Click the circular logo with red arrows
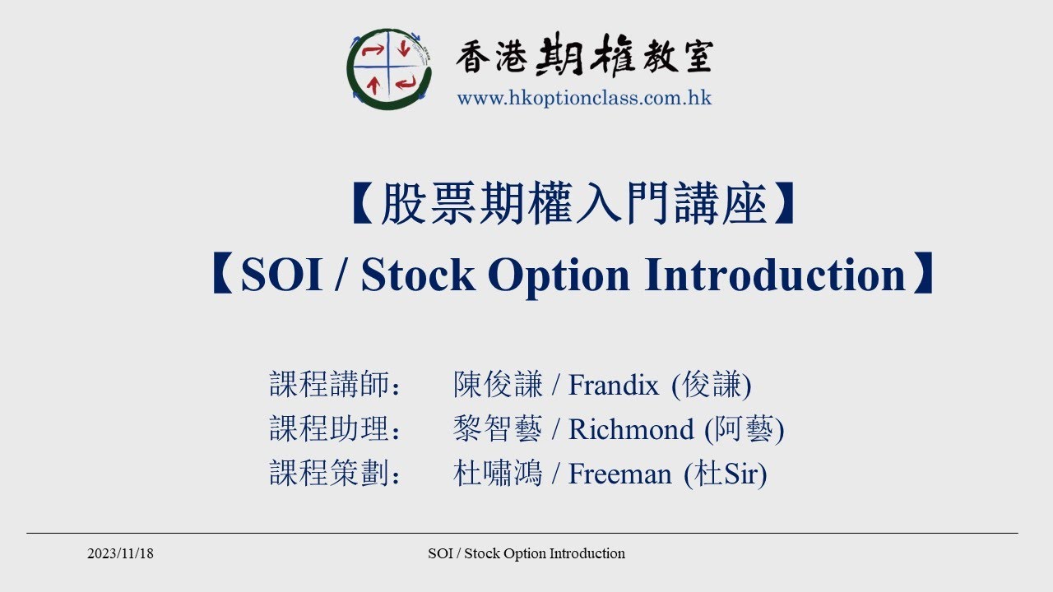(389, 69)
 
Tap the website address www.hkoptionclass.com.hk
(584, 98)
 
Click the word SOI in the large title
(281, 275)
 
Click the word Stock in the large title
(418, 275)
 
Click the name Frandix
(614, 385)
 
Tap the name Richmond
(631, 429)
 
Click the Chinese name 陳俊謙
(498, 385)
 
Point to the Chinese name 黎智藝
(498, 429)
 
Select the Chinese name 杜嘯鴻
(498, 474)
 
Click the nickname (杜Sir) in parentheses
(725, 474)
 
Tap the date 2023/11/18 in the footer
(120, 553)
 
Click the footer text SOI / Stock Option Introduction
(526, 553)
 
